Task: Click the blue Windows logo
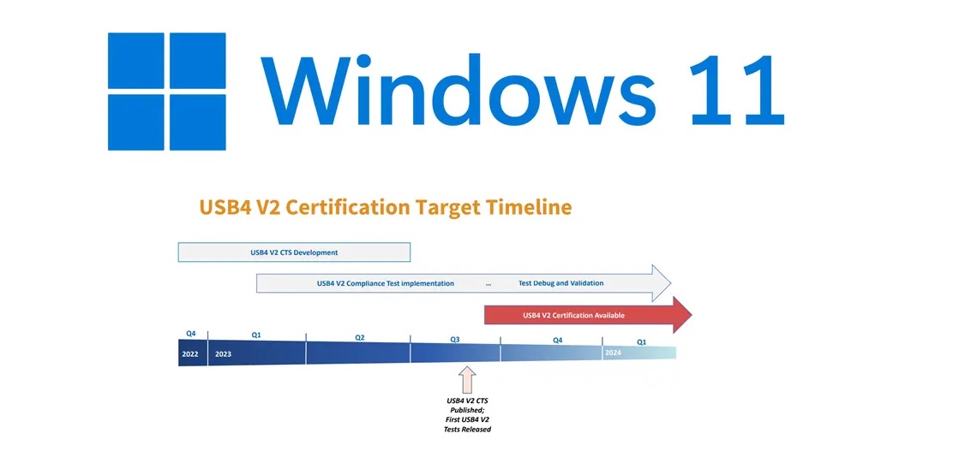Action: (166, 91)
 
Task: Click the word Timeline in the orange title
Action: (530, 208)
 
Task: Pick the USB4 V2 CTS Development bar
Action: (294, 252)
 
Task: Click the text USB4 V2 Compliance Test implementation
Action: (386, 283)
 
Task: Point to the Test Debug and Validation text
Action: (561, 283)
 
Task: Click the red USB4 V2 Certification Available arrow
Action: (588, 315)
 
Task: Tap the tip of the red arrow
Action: (692, 315)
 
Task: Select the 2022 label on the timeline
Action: (191, 353)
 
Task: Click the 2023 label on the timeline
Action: (223, 353)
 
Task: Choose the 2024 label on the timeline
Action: (614, 353)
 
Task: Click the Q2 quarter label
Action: (360, 337)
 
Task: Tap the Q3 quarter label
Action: (454, 339)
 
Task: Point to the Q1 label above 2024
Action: (641, 342)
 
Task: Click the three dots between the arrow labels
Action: (488, 285)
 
